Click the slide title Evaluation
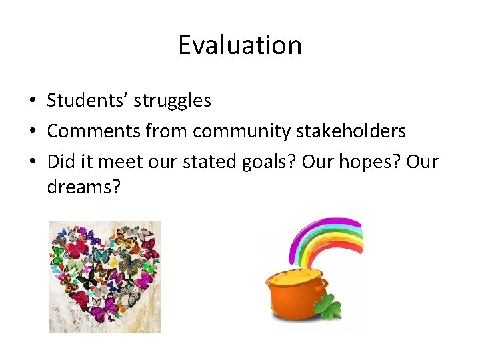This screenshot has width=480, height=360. tap(239, 45)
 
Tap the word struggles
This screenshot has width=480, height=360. tap(172, 101)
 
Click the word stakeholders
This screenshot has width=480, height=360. tap(349, 131)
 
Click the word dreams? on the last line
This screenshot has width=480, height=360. tap(83, 187)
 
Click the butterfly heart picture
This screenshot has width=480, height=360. tap(105, 277)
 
